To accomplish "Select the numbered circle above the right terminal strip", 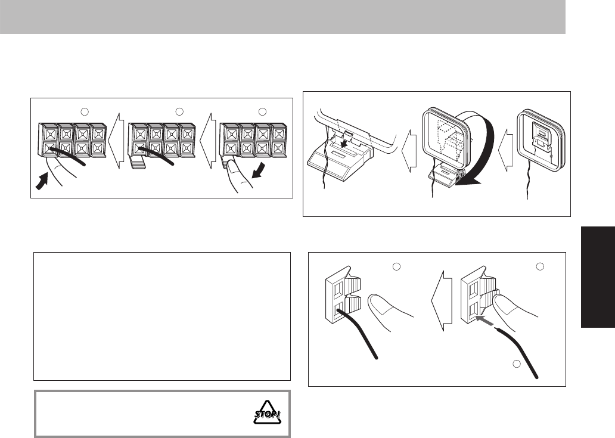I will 263,111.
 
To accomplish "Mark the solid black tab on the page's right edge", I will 597,275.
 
